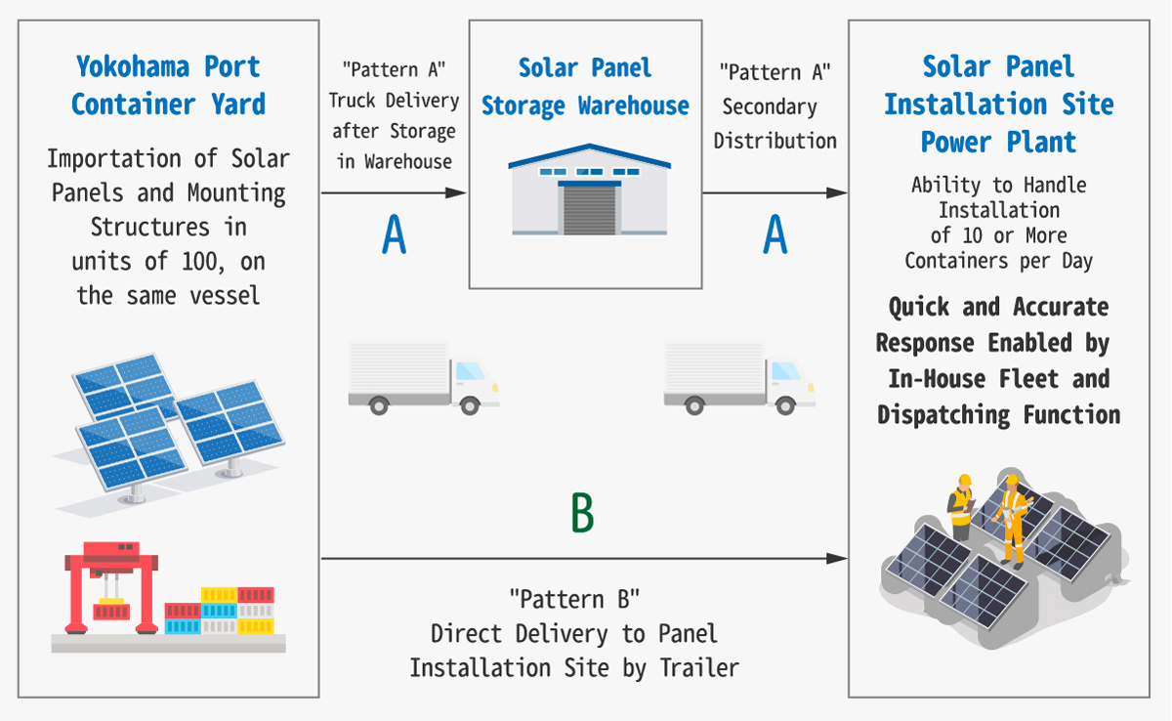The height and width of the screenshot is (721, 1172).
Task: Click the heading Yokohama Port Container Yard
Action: click(x=168, y=85)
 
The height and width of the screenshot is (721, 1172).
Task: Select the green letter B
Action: click(x=582, y=514)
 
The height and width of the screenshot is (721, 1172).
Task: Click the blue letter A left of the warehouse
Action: click(x=394, y=235)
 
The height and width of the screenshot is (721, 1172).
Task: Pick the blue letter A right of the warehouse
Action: click(x=774, y=235)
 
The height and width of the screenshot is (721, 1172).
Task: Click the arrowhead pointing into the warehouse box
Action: click(x=456, y=193)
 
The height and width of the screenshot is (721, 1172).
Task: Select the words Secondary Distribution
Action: click(x=774, y=123)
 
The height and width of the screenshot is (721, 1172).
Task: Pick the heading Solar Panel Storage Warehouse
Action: click(x=585, y=86)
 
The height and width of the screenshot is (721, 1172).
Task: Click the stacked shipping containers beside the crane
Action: click(x=221, y=610)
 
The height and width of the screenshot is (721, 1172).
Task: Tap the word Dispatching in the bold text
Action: click(x=943, y=414)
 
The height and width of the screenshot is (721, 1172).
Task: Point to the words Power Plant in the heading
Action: click(x=998, y=142)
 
